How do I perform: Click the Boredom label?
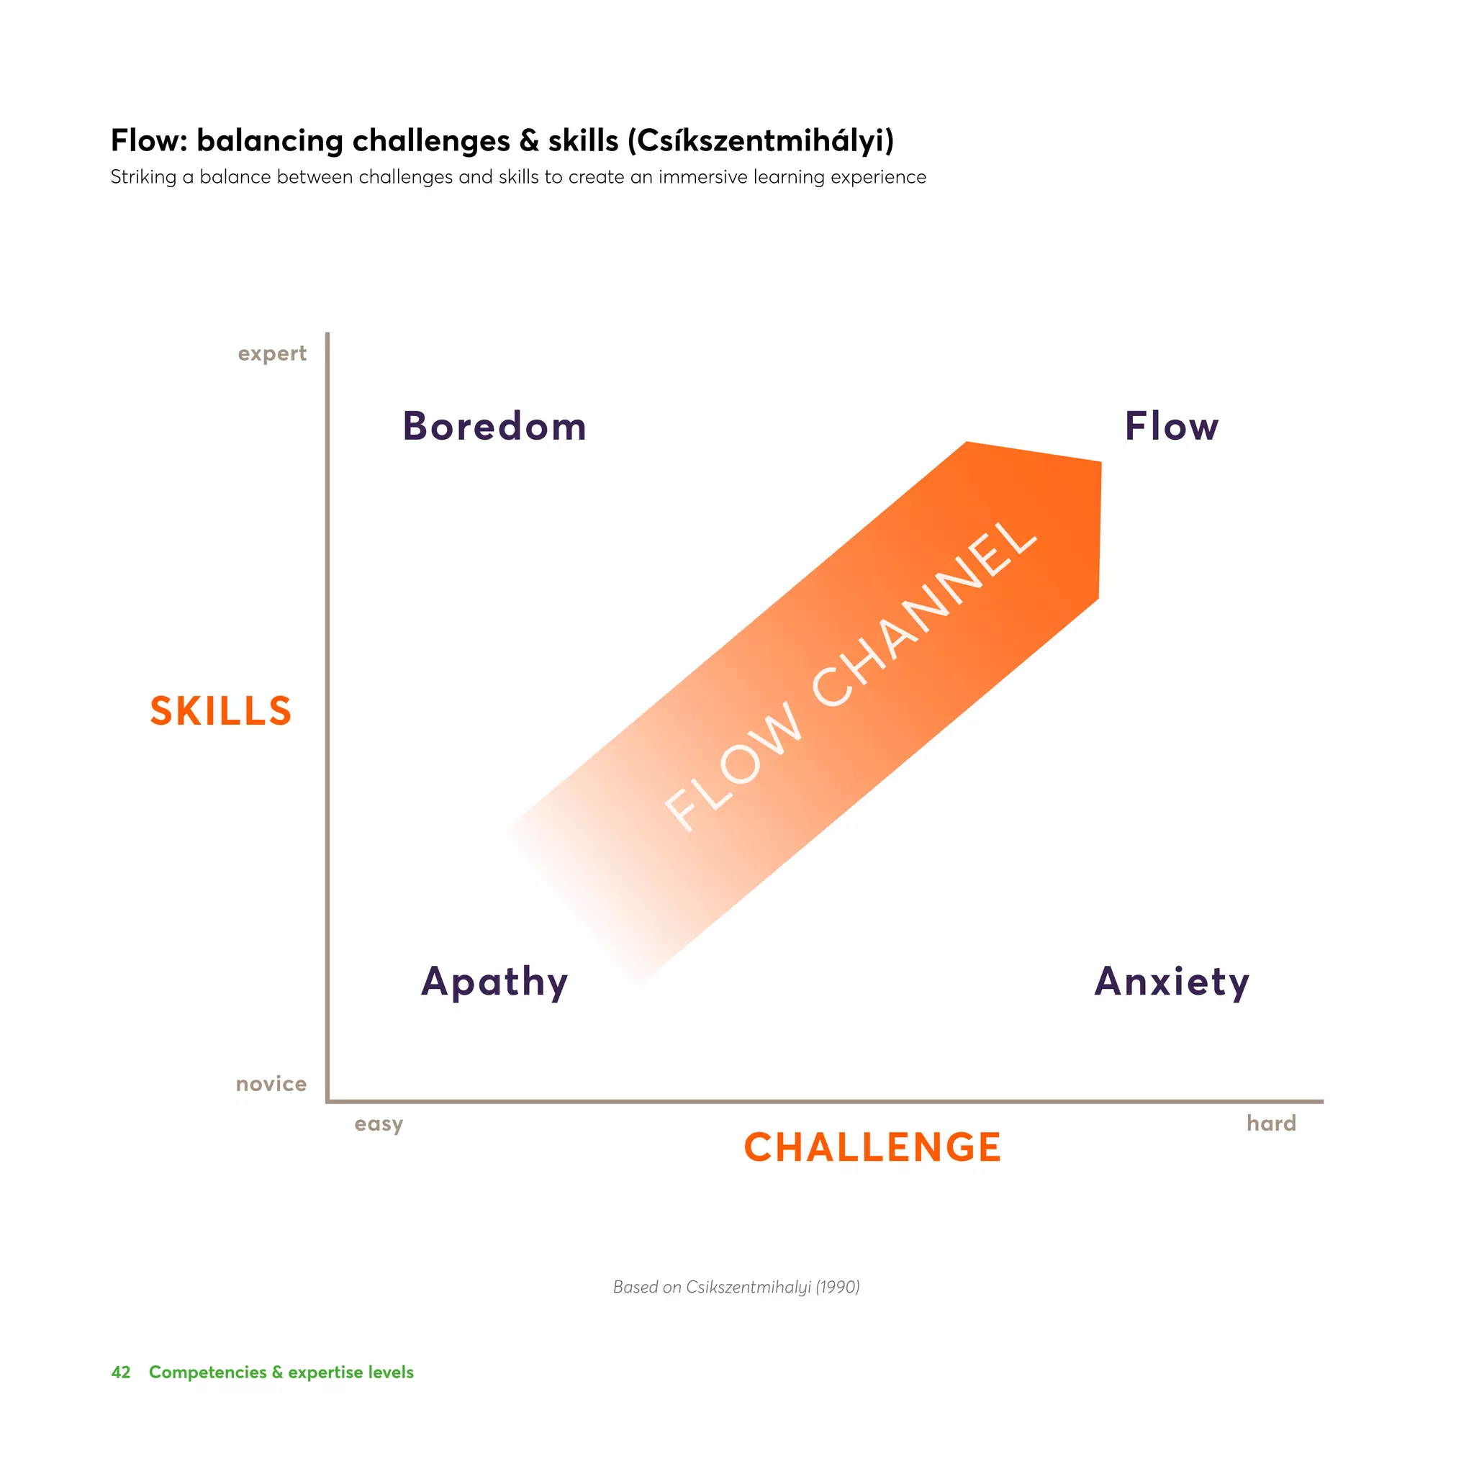click(494, 427)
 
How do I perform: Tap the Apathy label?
click(494, 981)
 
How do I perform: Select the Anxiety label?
click(1171, 981)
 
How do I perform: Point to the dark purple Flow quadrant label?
click(1171, 427)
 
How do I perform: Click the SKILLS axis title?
click(220, 711)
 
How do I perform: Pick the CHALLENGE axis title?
click(872, 1147)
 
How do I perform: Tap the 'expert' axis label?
click(271, 353)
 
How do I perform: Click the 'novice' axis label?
click(271, 1083)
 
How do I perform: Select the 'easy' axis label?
click(379, 1123)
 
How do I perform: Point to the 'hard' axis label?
click(1271, 1123)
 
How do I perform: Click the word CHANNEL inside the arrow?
click(923, 614)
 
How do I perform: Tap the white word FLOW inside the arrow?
click(733, 767)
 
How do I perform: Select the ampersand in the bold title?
click(529, 141)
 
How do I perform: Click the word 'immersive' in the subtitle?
click(702, 177)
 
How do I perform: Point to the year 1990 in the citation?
click(837, 1287)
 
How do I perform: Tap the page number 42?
click(120, 1373)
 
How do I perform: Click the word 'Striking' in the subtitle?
click(143, 177)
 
